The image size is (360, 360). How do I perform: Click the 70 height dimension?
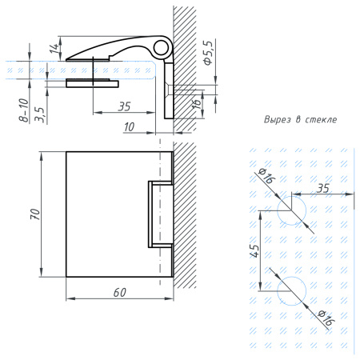pos(34,214)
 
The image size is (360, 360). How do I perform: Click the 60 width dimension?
pos(119,292)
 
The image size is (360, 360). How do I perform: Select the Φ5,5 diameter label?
pos(207,52)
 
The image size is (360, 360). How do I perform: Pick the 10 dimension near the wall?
pos(129,126)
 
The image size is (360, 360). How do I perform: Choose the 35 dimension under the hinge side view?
pos(124,106)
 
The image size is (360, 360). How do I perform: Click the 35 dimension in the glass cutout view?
pos(322,188)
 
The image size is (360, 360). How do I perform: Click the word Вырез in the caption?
pos(277,119)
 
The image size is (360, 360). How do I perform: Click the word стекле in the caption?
pos(320,119)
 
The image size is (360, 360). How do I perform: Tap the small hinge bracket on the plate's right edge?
pos(159,214)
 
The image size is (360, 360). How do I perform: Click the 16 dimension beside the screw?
pos(196,102)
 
